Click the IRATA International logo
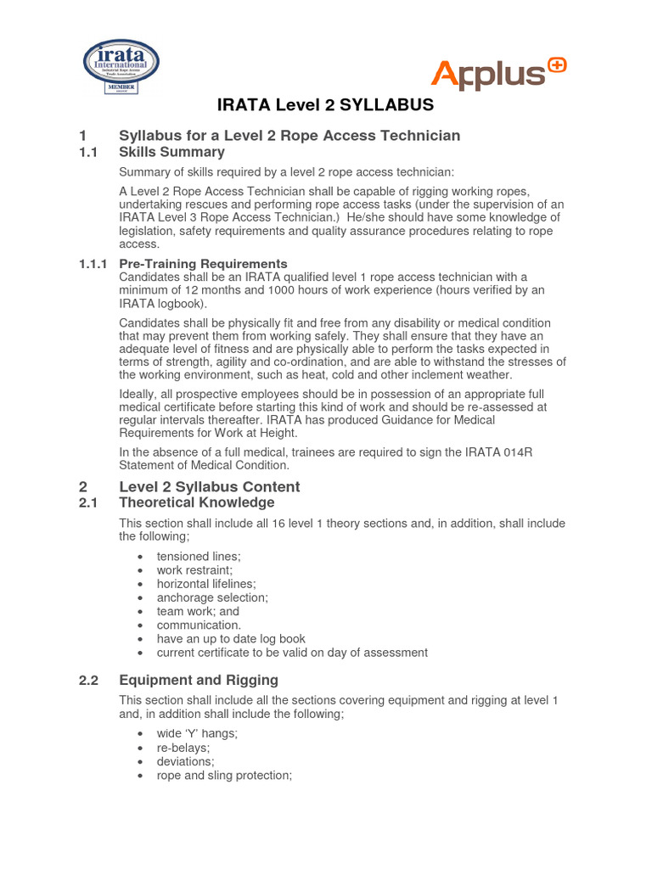[x=120, y=67]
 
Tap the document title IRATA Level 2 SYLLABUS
[x=326, y=105]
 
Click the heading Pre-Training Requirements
[x=203, y=264]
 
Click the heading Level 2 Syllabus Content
[x=209, y=486]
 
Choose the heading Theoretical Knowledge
[x=196, y=502]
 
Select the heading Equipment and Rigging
[x=199, y=680]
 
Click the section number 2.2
[x=89, y=680]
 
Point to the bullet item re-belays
[x=183, y=748]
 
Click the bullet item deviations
[x=185, y=761]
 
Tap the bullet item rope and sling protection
[x=224, y=775]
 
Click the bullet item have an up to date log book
[x=231, y=639]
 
